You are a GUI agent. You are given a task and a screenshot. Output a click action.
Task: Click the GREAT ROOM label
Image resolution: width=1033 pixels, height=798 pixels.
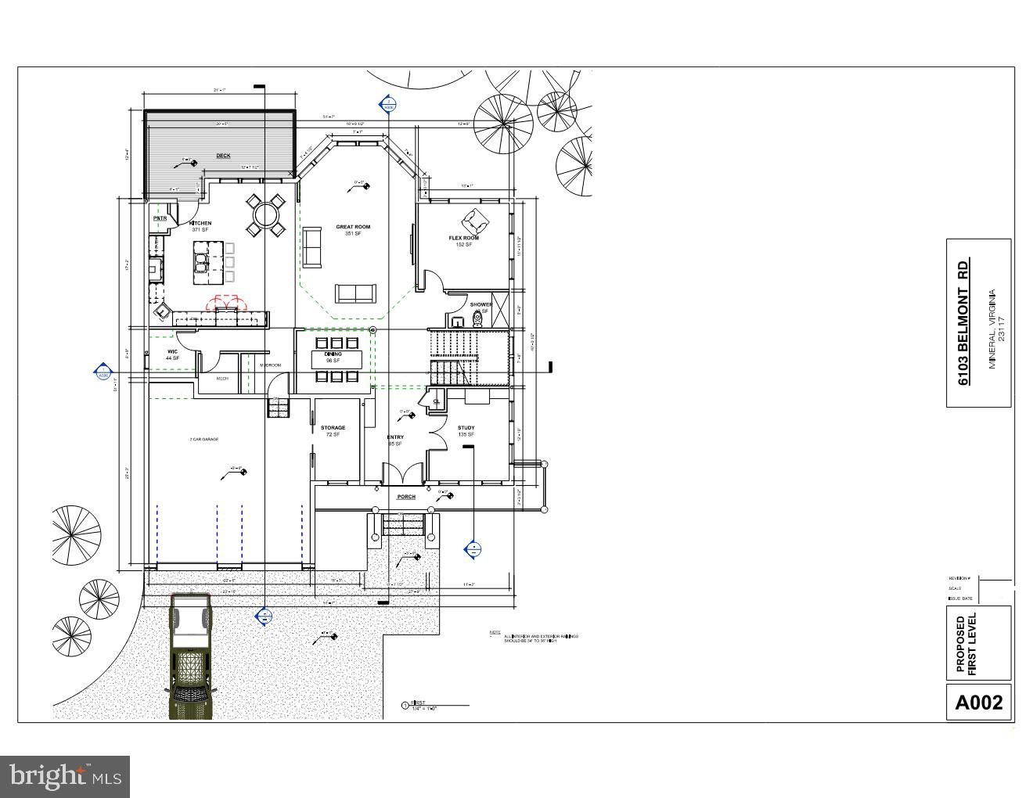(x=353, y=227)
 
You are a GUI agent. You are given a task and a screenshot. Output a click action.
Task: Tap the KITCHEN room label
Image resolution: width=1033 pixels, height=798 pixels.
(x=200, y=224)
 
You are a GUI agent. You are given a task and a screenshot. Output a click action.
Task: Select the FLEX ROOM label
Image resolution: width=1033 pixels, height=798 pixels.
(x=464, y=238)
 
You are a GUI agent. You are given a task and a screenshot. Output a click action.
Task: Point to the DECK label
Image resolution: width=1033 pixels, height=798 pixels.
(x=223, y=156)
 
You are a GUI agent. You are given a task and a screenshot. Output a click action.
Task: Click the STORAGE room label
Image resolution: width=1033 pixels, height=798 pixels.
(x=333, y=428)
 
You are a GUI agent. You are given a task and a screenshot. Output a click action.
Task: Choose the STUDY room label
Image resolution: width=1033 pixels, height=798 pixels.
(x=466, y=428)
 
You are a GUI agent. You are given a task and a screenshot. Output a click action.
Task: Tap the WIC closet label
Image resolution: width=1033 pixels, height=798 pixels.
(x=172, y=352)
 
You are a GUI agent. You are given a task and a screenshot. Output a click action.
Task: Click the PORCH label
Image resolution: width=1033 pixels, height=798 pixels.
(x=406, y=497)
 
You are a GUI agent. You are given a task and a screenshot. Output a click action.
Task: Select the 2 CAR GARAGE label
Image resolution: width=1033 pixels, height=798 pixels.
(x=203, y=440)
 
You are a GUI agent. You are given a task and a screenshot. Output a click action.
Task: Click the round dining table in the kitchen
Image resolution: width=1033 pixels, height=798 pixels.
(x=266, y=214)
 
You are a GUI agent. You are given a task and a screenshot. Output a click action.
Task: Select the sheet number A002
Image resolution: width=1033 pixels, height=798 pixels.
(x=978, y=702)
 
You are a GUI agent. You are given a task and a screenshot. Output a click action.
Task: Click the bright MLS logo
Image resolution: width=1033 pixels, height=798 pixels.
(x=64, y=776)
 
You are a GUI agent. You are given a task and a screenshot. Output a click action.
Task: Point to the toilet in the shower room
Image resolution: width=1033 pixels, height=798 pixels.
(x=477, y=318)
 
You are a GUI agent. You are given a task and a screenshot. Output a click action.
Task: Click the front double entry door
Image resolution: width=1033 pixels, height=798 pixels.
(x=401, y=474)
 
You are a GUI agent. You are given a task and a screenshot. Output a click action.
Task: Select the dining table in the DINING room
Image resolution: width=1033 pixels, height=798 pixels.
(x=337, y=359)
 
